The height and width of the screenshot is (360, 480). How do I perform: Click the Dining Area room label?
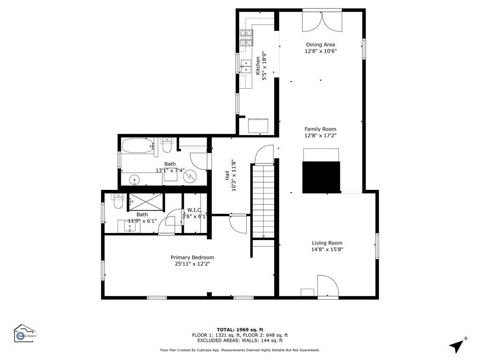coord(321,45)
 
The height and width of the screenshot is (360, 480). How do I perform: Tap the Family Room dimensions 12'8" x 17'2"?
coord(321,135)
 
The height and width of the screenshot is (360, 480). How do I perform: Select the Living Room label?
coord(327,243)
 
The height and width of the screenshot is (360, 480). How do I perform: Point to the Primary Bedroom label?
coord(192,257)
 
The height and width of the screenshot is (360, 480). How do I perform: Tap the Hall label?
coord(227,176)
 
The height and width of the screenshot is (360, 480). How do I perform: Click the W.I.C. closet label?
coord(195,210)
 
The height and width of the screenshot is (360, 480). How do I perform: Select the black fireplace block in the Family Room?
coord(321,176)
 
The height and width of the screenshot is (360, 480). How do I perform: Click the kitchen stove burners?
coord(246,37)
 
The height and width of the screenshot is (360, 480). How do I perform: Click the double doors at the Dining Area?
coord(321,20)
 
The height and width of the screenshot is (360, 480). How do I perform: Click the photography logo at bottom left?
coord(23,334)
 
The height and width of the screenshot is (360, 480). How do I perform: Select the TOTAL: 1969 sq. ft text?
coord(240,330)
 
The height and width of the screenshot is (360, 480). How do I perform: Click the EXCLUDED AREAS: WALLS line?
coord(240,341)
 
